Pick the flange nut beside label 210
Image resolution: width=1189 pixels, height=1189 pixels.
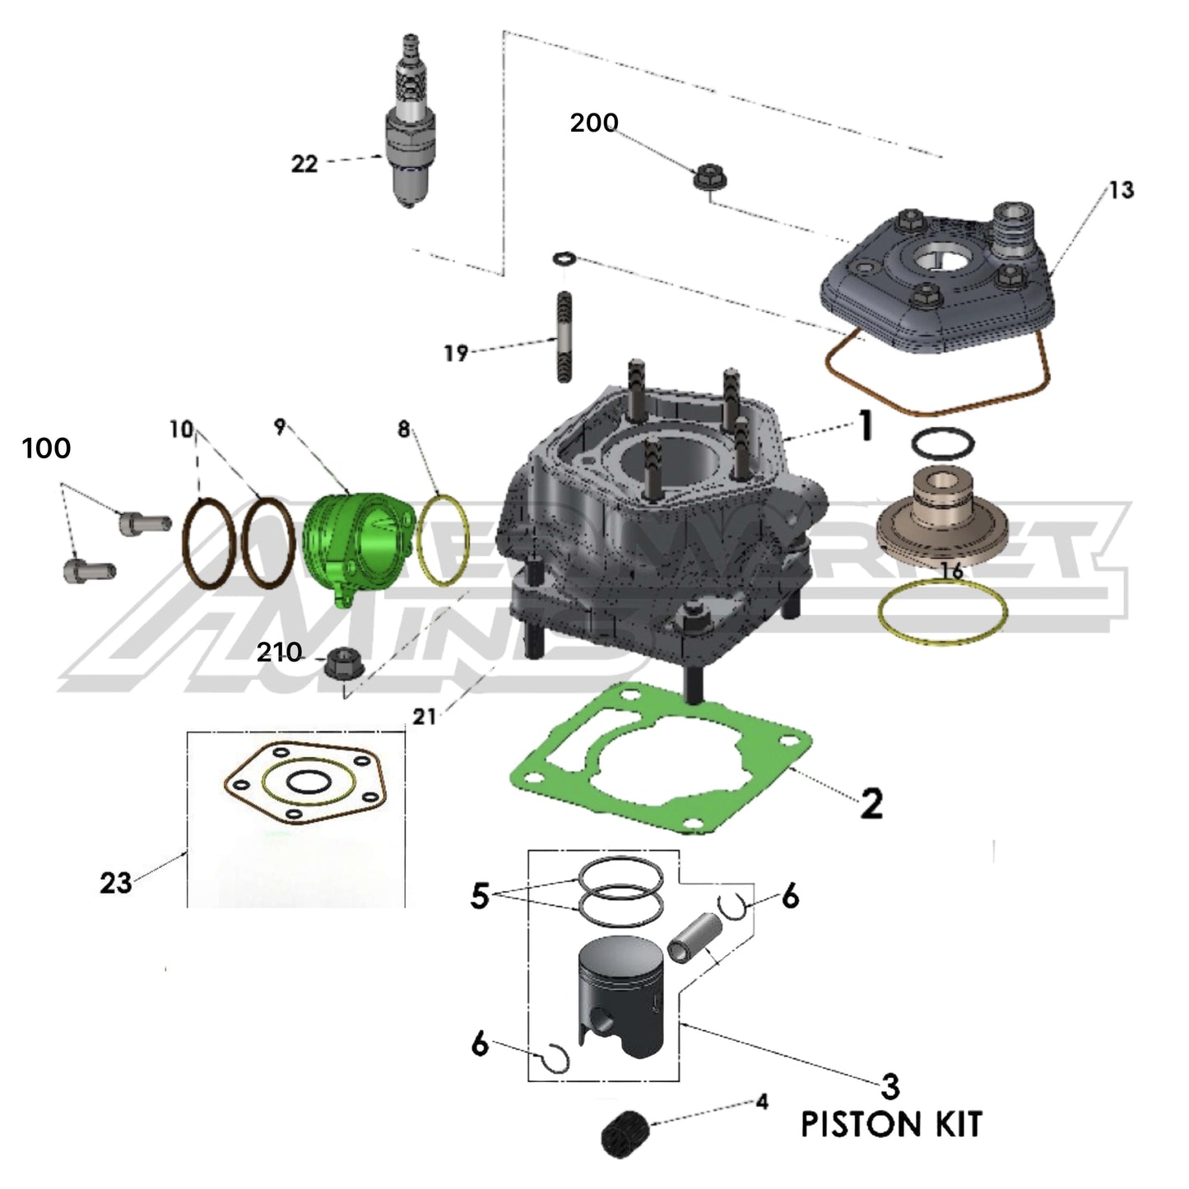[x=337, y=663]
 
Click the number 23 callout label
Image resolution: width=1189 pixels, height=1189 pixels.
[x=115, y=883]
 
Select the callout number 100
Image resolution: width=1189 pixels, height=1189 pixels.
[x=46, y=448]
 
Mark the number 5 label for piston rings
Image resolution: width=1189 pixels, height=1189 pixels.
[x=479, y=896]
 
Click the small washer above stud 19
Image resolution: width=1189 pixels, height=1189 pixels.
[x=563, y=258]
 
